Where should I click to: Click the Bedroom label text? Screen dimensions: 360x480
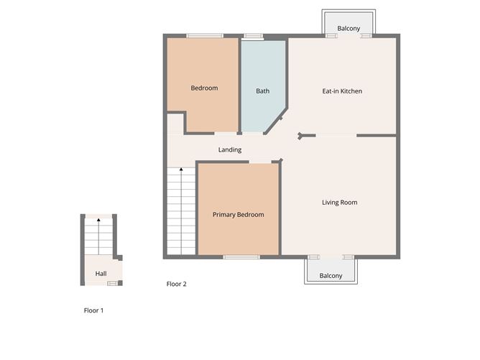tap(204, 88)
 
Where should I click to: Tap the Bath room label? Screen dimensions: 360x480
tap(263, 91)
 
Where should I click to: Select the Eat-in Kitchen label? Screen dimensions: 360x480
tap(342, 91)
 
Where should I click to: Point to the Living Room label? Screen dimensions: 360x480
tap(339, 203)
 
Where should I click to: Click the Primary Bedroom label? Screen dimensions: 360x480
tap(238, 215)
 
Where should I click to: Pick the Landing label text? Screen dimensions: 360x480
tap(230, 150)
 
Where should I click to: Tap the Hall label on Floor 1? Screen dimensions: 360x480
tap(101, 274)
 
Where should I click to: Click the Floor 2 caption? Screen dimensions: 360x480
tap(177, 285)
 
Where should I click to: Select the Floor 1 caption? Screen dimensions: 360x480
tap(94, 311)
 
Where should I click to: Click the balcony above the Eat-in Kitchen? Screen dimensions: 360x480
tap(349, 28)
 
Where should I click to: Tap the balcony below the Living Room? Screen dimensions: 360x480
tap(331, 276)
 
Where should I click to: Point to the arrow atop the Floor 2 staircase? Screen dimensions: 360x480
tap(181, 170)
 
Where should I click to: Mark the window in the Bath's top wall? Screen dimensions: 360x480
tap(253, 36)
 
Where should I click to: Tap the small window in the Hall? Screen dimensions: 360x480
tap(112, 284)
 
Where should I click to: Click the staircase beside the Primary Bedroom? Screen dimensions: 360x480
tap(181, 212)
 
